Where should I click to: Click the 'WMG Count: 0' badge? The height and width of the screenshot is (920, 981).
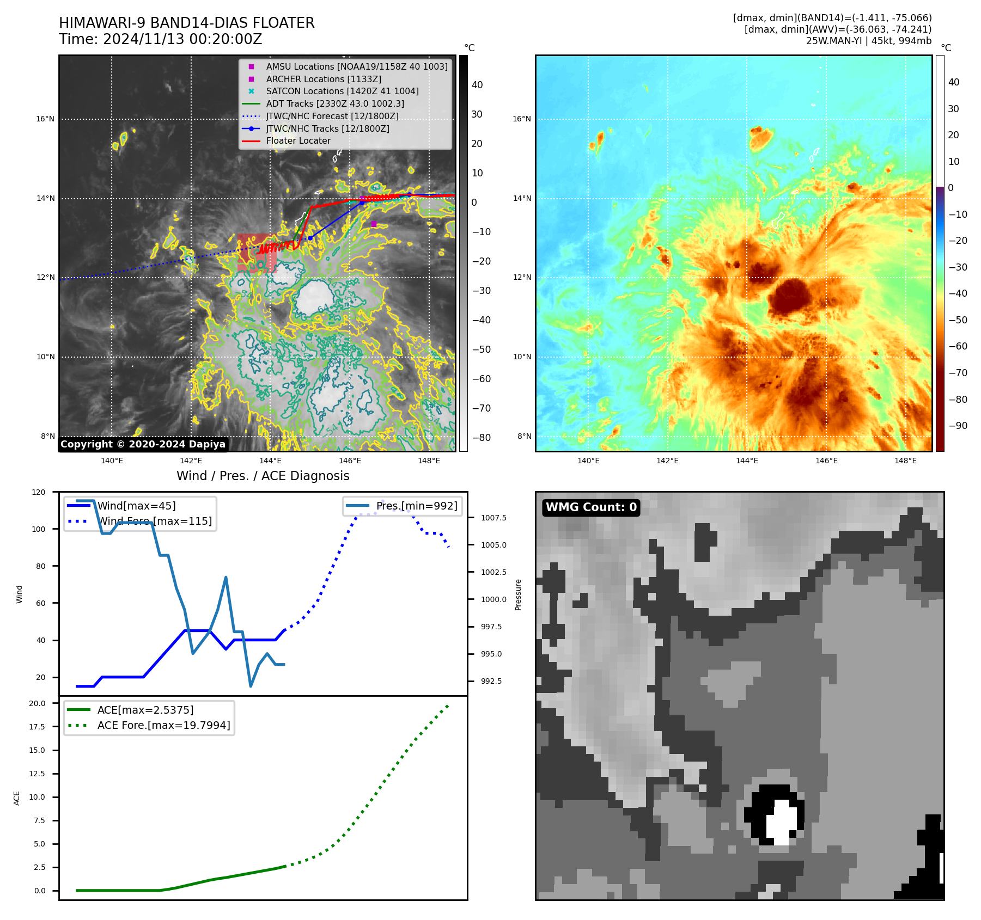(x=591, y=507)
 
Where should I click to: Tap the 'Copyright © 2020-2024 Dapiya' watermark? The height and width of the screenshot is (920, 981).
(x=143, y=444)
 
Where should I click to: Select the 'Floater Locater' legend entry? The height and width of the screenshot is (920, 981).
(x=298, y=141)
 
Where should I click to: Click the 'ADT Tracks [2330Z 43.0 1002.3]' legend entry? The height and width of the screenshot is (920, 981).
(x=334, y=103)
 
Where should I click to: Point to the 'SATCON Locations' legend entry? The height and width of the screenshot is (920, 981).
(x=342, y=91)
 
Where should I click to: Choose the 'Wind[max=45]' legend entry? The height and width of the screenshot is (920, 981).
(x=136, y=506)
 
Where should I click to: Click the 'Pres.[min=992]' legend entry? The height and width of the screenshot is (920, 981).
(x=417, y=506)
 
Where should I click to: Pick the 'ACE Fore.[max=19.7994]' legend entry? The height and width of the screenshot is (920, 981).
(x=163, y=725)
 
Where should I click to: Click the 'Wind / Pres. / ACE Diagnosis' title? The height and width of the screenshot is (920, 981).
(x=263, y=476)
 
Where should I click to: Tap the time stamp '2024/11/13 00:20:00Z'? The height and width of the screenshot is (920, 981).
(x=182, y=39)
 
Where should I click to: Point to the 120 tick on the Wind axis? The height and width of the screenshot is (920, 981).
(x=39, y=492)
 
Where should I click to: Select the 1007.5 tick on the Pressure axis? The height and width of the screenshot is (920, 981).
(x=493, y=518)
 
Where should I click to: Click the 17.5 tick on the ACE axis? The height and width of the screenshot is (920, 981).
(x=37, y=727)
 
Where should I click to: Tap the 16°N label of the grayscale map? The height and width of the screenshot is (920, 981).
(x=45, y=119)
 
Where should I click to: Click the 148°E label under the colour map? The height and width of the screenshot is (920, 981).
(x=905, y=461)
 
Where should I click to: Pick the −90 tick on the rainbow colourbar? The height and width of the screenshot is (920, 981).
(x=958, y=426)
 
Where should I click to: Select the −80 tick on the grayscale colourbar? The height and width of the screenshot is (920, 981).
(x=481, y=438)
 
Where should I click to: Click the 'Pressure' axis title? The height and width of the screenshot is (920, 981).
(x=518, y=594)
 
